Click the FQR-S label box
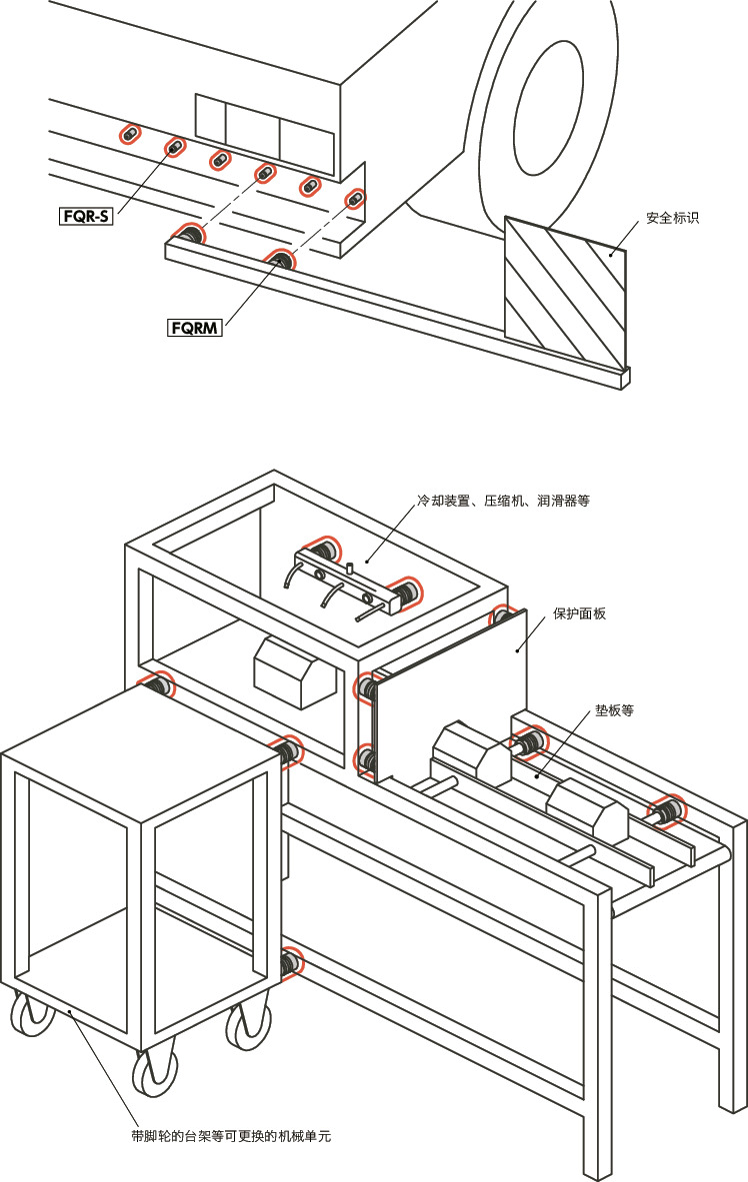click(85, 214)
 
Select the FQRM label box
click(195, 327)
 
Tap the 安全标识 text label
click(672, 218)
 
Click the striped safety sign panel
click(565, 290)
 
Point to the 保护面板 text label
click(580, 614)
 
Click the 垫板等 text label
click(614, 711)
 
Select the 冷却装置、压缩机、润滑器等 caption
click(503, 500)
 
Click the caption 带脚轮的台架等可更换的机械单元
click(231, 1136)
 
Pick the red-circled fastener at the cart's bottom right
click(290, 962)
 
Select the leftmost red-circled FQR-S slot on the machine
click(130, 135)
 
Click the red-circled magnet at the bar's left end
click(187, 236)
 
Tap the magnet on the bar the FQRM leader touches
click(280, 261)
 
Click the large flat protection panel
click(450, 699)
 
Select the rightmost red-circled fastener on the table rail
click(667, 811)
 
